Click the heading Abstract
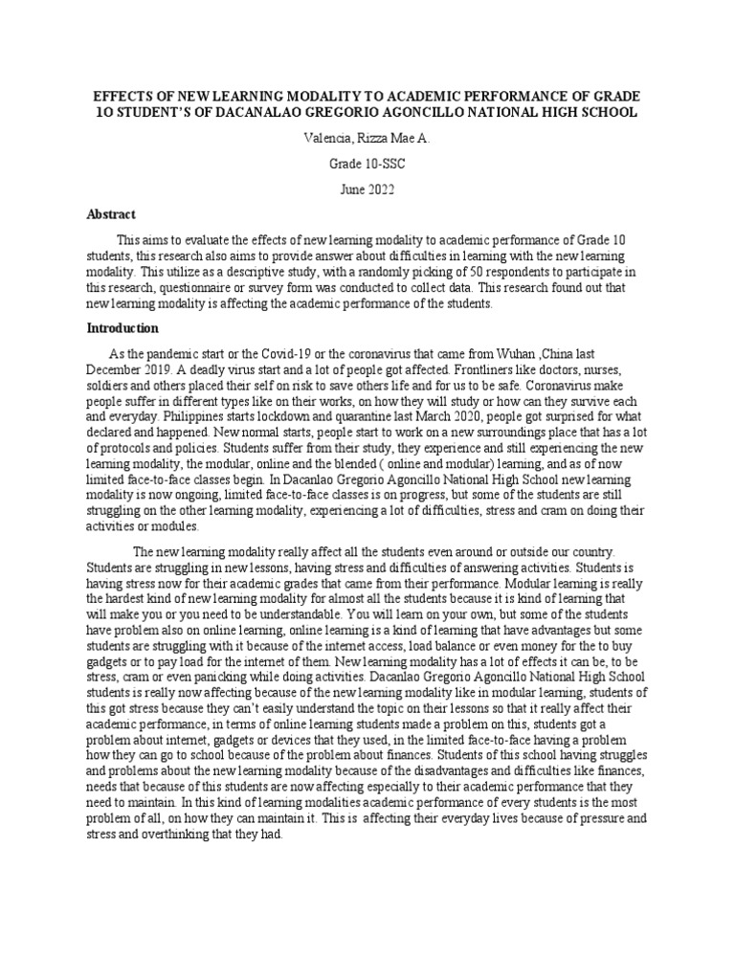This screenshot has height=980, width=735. point(111,214)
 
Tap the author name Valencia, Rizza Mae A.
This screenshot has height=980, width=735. point(367,139)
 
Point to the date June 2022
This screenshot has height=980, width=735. point(367,189)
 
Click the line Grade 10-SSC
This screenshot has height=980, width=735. point(367,164)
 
